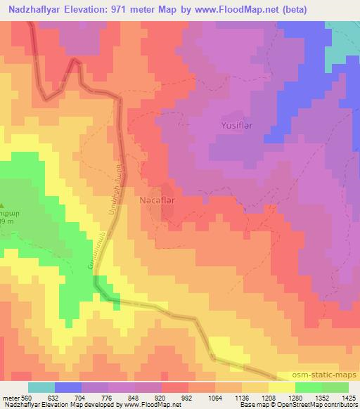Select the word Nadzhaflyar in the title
(x=34, y=8)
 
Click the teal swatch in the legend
(x=41, y=387)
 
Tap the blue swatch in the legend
(x=67, y=387)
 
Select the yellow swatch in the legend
(x=281, y=387)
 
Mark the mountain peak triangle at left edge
(x=3, y=204)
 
